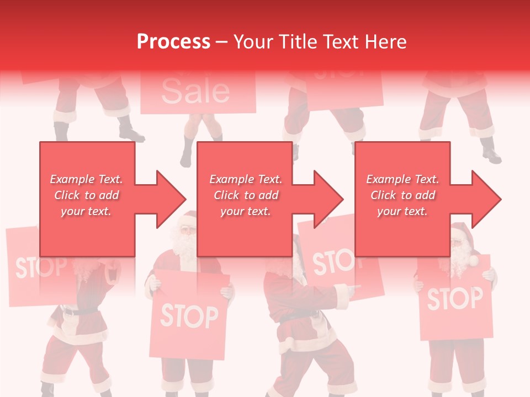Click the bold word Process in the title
173,41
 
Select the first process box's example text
86,195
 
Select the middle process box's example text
246,195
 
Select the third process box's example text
402,195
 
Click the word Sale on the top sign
196,92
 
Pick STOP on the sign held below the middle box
189,316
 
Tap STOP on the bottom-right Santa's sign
455,298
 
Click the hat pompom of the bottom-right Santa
474,260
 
